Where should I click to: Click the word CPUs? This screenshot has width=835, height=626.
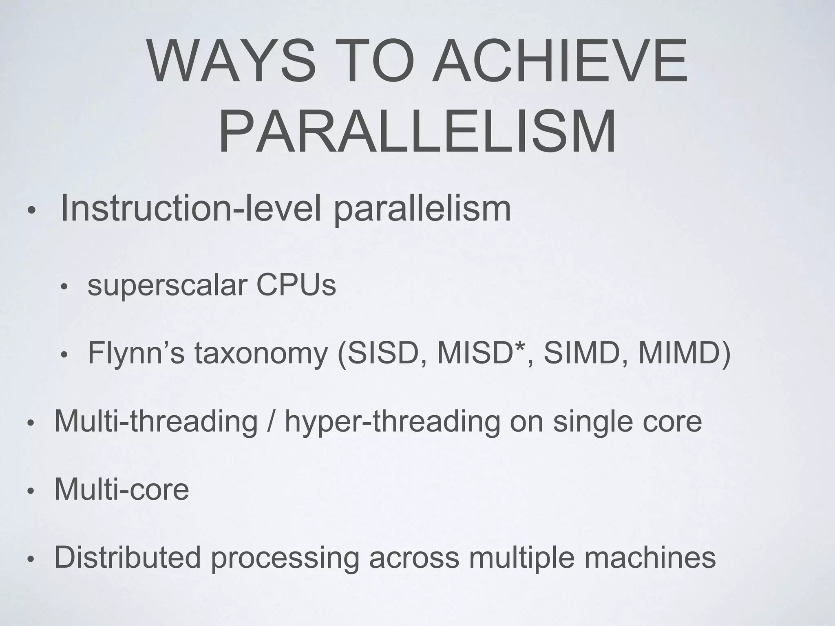(x=296, y=285)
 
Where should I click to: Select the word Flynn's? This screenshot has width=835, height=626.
(x=136, y=353)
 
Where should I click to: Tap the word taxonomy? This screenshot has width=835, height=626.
(x=261, y=354)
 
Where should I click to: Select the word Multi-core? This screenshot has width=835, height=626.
(x=121, y=489)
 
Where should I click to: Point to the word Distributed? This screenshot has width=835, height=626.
(x=128, y=557)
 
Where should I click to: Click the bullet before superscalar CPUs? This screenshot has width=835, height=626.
(x=63, y=288)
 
